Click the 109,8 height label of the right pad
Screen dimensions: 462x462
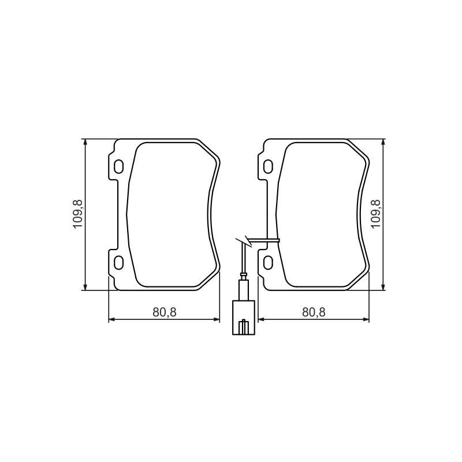(377, 214)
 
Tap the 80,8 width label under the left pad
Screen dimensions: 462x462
(165, 312)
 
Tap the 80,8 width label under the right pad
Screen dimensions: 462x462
(314, 312)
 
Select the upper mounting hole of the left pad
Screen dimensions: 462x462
(119, 166)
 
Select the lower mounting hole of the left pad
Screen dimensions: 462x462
(119, 262)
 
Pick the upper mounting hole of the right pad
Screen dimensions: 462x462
(269, 166)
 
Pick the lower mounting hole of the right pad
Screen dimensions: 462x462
(269, 262)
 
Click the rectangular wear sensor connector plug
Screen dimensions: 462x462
(244, 318)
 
